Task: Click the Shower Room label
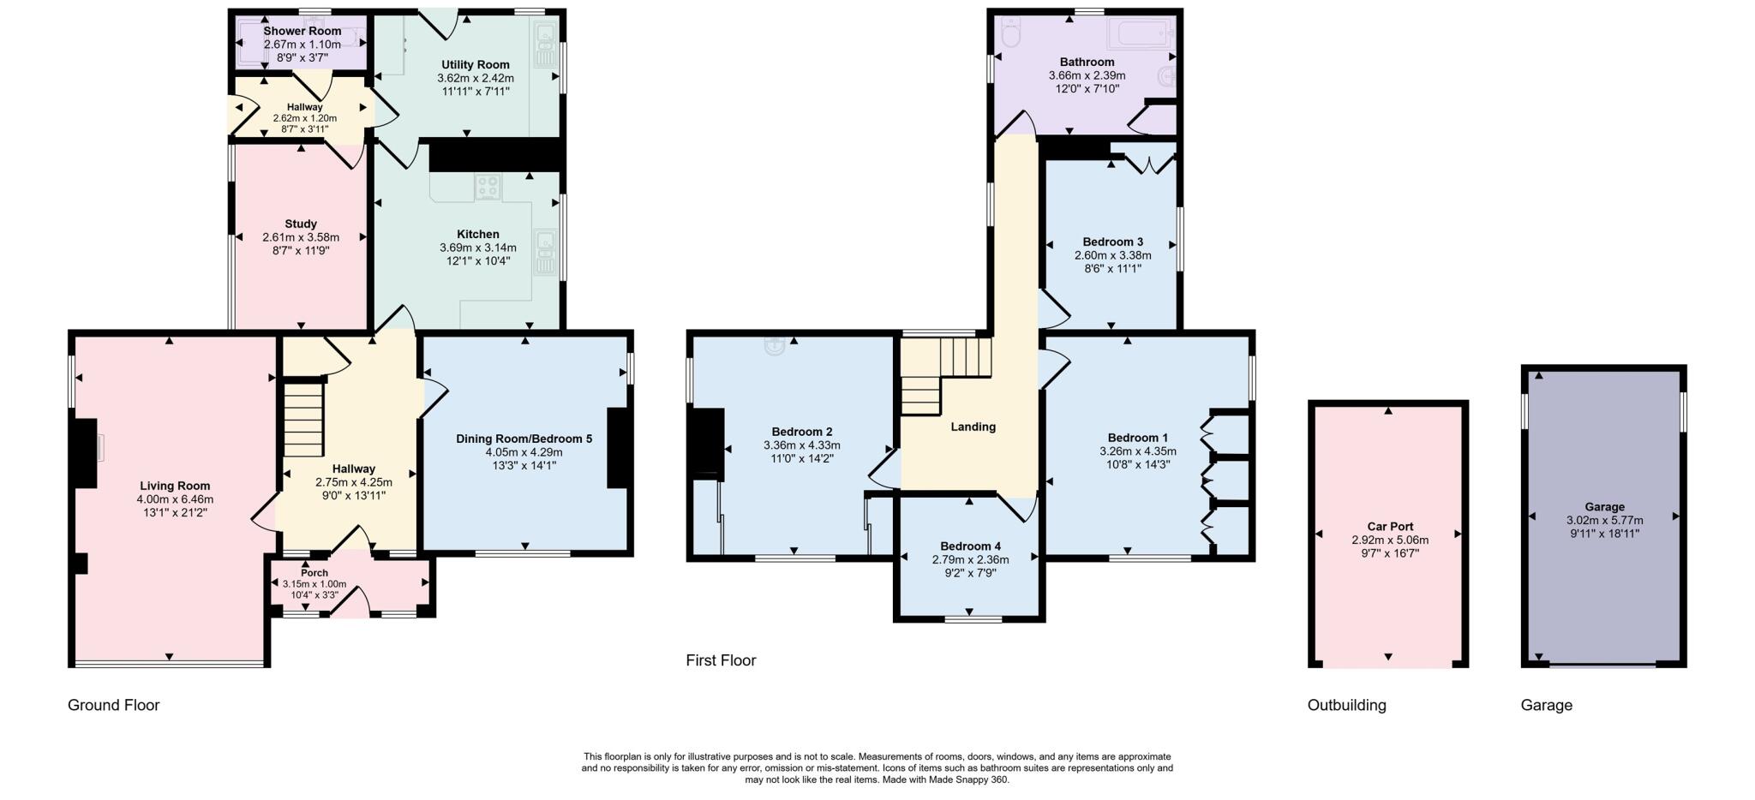[x=302, y=31]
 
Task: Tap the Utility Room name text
[x=476, y=64]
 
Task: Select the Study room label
[x=301, y=224]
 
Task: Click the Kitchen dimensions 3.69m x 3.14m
[x=478, y=248]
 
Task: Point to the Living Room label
[x=175, y=486]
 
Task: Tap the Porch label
[x=314, y=573]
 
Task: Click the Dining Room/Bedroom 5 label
[x=524, y=439]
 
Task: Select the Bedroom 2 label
[x=802, y=432]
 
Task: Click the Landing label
[x=973, y=427]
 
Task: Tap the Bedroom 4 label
[x=970, y=546]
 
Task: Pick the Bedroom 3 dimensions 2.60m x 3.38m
[x=1113, y=255]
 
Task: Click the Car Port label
[x=1390, y=527]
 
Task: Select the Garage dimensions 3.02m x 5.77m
[x=1604, y=520]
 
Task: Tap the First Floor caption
[x=721, y=660]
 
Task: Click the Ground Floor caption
[x=114, y=705]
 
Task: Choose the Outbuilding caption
[x=1347, y=705]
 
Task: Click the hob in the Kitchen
[x=488, y=186]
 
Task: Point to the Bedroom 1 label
[x=1138, y=438]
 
